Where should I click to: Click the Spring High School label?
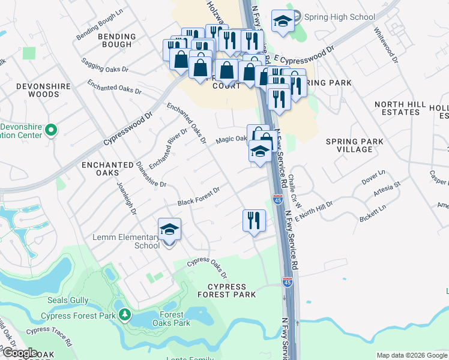click(339, 17)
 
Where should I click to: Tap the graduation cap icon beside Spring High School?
click(283, 22)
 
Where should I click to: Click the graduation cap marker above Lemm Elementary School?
click(169, 229)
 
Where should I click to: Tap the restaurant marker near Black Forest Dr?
click(254, 220)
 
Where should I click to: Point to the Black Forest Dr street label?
click(198, 197)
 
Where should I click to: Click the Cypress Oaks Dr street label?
click(206, 268)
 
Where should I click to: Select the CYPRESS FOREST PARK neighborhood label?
click(228, 290)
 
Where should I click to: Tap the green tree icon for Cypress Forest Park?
click(124, 314)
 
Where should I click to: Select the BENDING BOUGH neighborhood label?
click(116, 40)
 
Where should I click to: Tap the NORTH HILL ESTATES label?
click(397, 108)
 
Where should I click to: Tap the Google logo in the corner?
click(19, 353)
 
